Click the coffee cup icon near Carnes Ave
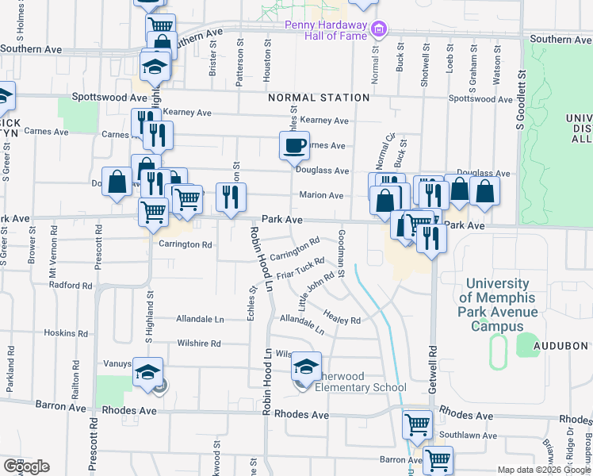[x=294, y=145]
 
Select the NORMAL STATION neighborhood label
[x=319, y=98]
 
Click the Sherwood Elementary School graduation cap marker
[x=306, y=366]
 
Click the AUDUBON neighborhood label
[x=560, y=346]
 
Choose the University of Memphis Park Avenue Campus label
[x=498, y=305]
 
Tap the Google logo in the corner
[x=26, y=466]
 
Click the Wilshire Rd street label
[x=199, y=344]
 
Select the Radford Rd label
[x=71, y=285]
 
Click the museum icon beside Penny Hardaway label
[x=380, y=29]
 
